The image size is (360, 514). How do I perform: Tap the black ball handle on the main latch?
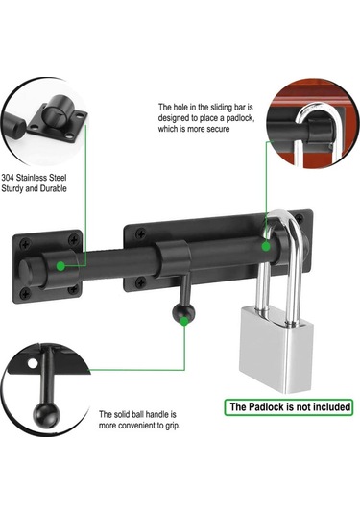point(183,314)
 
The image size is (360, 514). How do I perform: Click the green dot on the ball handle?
point(184,321)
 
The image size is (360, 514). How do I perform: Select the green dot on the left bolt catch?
point(60,266)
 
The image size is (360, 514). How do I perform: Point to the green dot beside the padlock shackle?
point(266,246)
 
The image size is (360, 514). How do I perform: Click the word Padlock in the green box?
point(267,407)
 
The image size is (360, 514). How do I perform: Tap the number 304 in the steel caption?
point(8,178)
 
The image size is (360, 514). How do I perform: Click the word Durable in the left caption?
point(54,188)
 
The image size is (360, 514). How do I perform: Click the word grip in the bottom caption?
point(173,426)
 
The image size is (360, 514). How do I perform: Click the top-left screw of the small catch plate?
point(25,244)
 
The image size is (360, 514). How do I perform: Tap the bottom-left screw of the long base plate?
point(140,281)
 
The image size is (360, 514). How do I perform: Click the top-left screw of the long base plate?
point(141,234)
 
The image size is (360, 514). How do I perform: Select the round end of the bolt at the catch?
point(26,273)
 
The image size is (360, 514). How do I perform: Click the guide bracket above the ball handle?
point(174,258)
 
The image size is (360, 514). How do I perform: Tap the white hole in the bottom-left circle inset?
point(33,363)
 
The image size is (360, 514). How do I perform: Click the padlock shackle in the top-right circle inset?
point(316,131)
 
